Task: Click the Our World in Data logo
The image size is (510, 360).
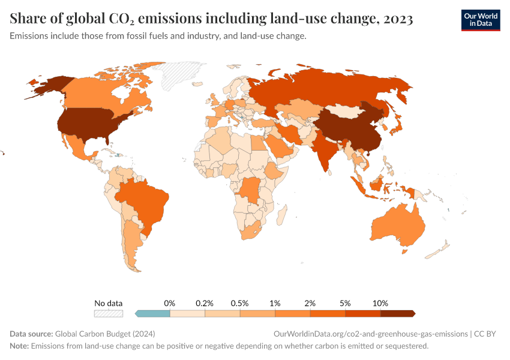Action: click(480, 20)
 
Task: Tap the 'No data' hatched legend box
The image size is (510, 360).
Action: click(108, 313)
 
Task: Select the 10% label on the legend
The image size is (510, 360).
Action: click(380, 303)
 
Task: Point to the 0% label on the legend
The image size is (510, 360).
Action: click(170, 303)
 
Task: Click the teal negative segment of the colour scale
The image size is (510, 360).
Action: click(154, 313)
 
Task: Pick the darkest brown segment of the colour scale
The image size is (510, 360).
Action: click(397, 313)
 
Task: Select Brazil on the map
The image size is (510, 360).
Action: click(145, 201)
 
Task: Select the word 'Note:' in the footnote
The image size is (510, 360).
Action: click(19, 346)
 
